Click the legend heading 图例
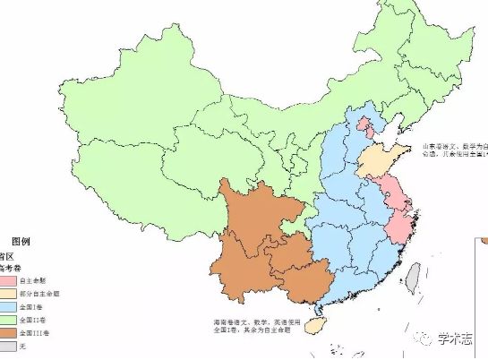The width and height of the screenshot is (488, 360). pyautogui.click(x=20, y=241)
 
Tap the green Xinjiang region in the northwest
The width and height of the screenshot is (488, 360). pyautogui.click(x=81, y=107)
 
